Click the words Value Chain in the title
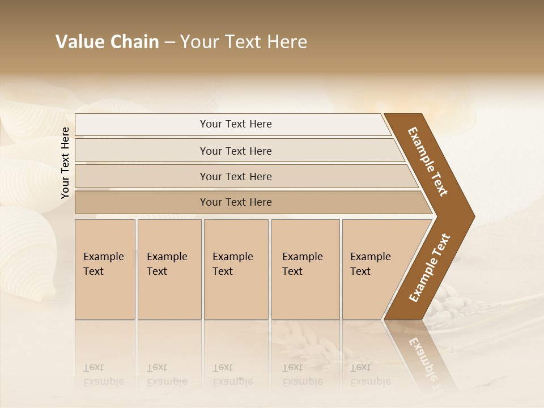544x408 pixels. click(x=107, y=42)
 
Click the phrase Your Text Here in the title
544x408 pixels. click(x=244, y=42)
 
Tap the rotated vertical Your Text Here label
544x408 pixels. click(x=65, y=163)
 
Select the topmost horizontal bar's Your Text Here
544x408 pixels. click(x=236, y=124)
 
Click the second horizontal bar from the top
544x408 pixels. click(x=236, y=151)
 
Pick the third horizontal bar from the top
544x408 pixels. click(x=236, y=176)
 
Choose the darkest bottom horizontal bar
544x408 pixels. click(x=236, y=202)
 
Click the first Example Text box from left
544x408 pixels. click(x=105, y=269)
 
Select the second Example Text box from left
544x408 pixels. click(x=169, y=269)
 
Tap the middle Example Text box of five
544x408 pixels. click(x=236, y=269)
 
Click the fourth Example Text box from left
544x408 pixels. click(x=305, y=269)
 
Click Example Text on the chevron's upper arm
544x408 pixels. click(x=428, y=161)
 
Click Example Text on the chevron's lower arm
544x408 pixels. click(x=430, y=268)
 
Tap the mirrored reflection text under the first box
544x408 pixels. click(x=103, y=375)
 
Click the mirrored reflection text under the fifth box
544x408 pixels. click(x=370, y=375)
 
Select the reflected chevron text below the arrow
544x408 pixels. click(x=425, y=360)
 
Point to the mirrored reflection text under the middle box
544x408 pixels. click(x=232, y=375)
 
